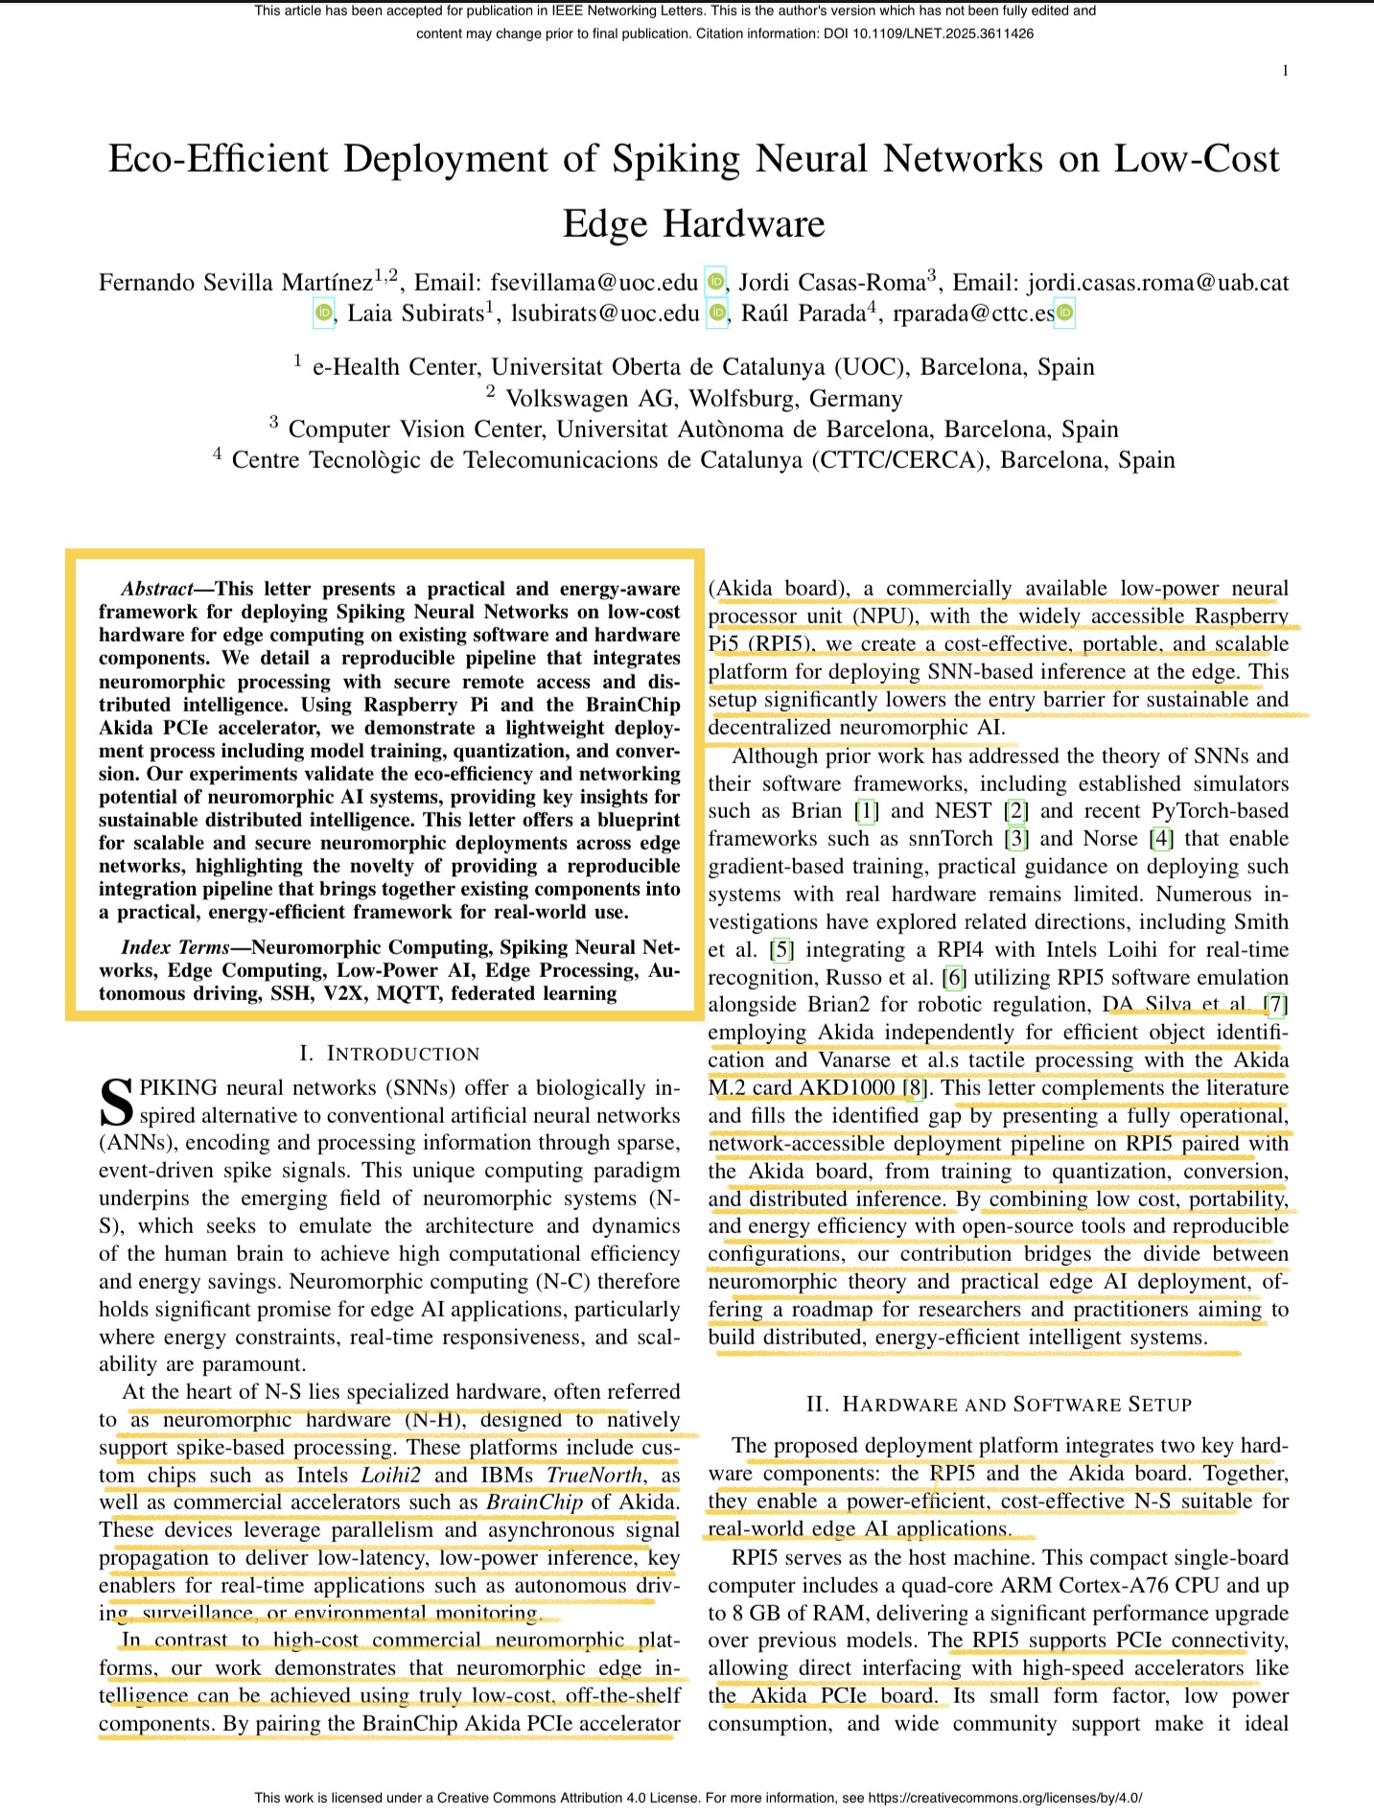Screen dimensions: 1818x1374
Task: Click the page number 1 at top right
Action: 1285,70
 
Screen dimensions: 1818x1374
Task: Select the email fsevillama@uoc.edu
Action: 594,282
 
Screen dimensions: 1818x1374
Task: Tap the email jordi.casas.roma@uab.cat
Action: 1158,282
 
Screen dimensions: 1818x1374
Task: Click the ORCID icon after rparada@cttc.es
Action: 1064,313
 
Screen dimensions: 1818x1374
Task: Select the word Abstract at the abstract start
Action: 157,589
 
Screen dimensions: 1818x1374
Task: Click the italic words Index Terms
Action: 175,947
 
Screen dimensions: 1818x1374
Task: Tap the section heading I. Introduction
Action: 389,1053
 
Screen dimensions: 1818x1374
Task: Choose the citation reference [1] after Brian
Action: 866,811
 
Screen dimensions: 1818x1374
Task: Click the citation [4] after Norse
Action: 1161,839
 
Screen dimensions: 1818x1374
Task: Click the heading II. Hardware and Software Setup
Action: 998,1404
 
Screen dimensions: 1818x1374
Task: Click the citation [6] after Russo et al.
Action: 953,977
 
